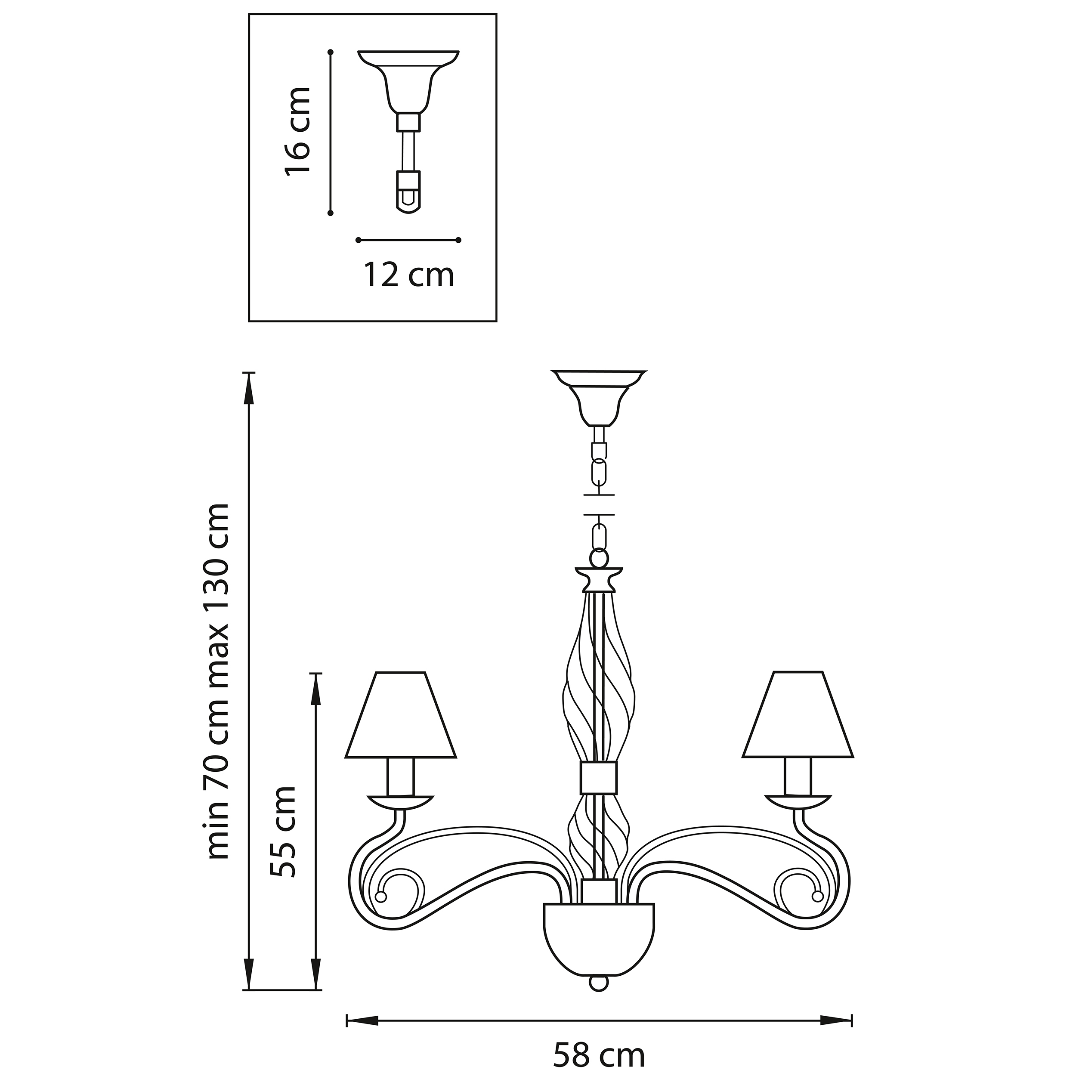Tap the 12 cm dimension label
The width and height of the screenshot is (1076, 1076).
pos(409,275)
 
